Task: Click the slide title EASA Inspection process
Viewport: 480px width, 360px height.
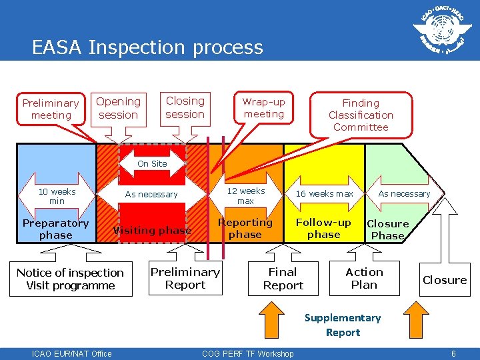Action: [147, 47]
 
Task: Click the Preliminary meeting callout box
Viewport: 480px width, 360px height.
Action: [51, 109]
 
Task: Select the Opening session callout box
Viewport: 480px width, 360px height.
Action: [118, 108]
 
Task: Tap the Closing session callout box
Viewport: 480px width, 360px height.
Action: [185, 107]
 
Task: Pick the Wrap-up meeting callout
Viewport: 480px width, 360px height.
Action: [263, 108]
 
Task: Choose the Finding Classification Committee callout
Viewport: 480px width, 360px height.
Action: [361, 115]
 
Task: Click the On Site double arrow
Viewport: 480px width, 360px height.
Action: [152, 164]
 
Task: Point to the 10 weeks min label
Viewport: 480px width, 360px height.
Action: [57, 196]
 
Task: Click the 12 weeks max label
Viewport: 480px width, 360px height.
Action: [246, 195]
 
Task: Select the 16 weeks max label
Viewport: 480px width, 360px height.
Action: [325, 194]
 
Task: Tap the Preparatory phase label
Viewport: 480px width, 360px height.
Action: [56, 229]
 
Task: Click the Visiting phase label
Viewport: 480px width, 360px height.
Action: [152, 231]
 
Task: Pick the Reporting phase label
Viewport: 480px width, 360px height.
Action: [245, 228]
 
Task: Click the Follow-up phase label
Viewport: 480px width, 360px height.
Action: [324, 228]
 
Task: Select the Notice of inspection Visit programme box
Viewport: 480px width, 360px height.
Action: [70, 279]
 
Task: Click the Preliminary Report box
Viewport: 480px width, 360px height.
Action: [185, 278]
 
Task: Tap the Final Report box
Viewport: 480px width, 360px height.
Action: [283, 278]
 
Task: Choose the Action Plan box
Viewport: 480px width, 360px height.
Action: [364, 278]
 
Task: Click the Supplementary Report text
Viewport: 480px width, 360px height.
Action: [343, 325]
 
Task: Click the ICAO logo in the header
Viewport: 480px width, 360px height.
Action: [439, 31]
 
